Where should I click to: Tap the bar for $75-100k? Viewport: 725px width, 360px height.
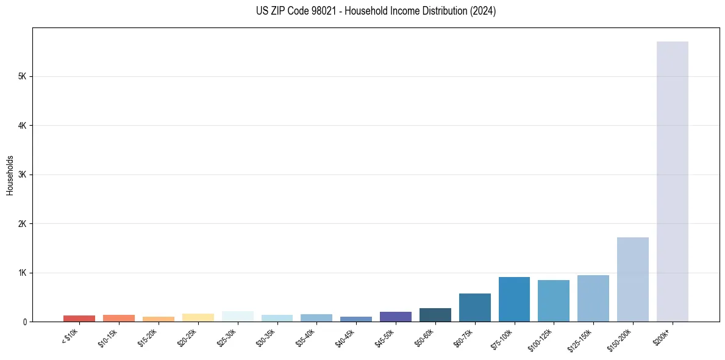click(x=514, y=299)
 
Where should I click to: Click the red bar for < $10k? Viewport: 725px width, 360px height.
click(x=79, y=319)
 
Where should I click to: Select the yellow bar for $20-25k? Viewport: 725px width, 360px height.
click(x=198, y=317)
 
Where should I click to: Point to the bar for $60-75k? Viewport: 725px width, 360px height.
click(x=474, y=308)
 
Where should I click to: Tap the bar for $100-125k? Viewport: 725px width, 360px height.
click(x=554, y=301)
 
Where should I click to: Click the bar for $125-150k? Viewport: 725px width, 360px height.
click(x=593, y=298)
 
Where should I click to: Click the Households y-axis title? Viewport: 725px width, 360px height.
click(x=10, y=175)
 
